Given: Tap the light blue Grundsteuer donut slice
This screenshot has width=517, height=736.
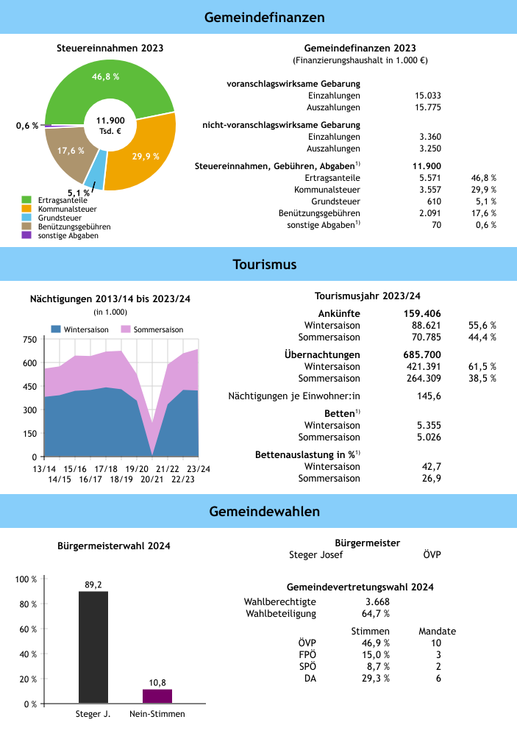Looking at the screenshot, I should point(94,175).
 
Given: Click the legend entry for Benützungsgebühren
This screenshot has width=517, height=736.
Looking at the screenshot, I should point(74,227).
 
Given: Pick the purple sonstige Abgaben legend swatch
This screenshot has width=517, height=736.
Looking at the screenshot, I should point(26,235).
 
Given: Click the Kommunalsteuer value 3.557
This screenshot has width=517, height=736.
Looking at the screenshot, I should point(428,189).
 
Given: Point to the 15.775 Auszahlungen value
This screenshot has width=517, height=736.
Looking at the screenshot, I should point(428,107).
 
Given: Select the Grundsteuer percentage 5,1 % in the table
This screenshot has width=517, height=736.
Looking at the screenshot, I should point(484,201).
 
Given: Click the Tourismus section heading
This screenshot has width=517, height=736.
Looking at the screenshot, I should point(258,264).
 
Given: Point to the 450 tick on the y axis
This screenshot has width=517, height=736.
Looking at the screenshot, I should point(29,387).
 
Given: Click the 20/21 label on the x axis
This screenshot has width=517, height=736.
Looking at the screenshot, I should point(153,479).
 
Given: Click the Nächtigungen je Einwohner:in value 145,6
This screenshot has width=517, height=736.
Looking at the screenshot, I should point(429,396).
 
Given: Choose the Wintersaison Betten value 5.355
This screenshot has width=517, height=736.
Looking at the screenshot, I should point(428,425).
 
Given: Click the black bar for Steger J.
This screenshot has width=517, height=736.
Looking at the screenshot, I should point(93,647).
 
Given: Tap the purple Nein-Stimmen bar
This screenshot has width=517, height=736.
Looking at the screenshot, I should point(157,696).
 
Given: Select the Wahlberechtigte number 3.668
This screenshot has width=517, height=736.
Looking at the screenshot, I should point(367,602).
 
